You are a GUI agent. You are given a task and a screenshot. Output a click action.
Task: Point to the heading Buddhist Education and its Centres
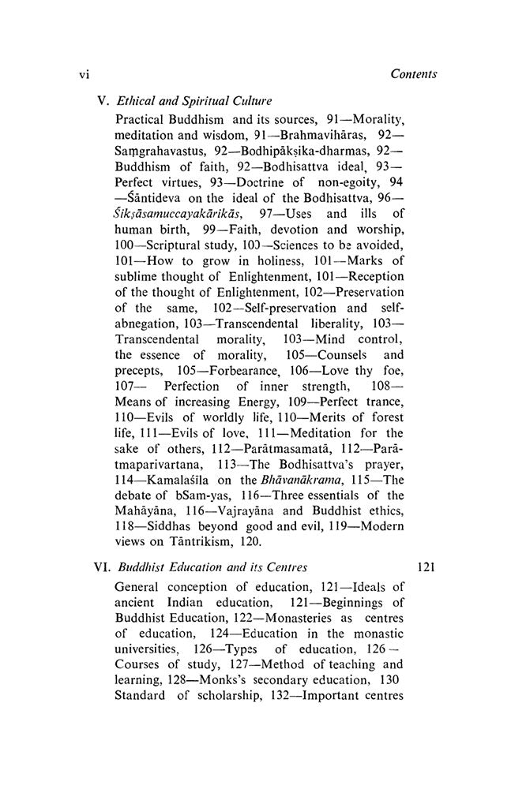pyautogui.click(x=212, y=544)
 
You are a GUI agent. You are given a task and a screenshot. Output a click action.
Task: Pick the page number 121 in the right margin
pyautogui.click(x=426, y=544)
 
